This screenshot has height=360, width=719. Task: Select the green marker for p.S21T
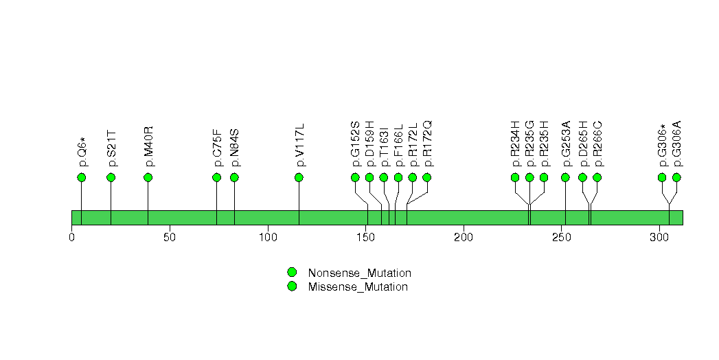111,177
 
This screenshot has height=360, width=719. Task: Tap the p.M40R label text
148,146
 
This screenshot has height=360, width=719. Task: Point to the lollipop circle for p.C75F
217,177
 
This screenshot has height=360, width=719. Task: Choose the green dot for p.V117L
299,177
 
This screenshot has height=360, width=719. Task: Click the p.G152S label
355,144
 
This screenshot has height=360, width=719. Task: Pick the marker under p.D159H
369,177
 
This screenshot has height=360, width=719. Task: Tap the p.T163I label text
384,146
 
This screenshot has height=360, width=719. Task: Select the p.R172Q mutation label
427,144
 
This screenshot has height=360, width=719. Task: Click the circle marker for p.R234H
515,177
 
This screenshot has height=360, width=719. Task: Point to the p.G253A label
565,144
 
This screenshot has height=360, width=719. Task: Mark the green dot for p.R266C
597,177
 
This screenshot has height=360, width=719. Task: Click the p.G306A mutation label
676,144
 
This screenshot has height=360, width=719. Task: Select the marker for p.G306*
662,177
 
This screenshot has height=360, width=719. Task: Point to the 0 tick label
72,238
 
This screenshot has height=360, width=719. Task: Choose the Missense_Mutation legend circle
292,286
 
